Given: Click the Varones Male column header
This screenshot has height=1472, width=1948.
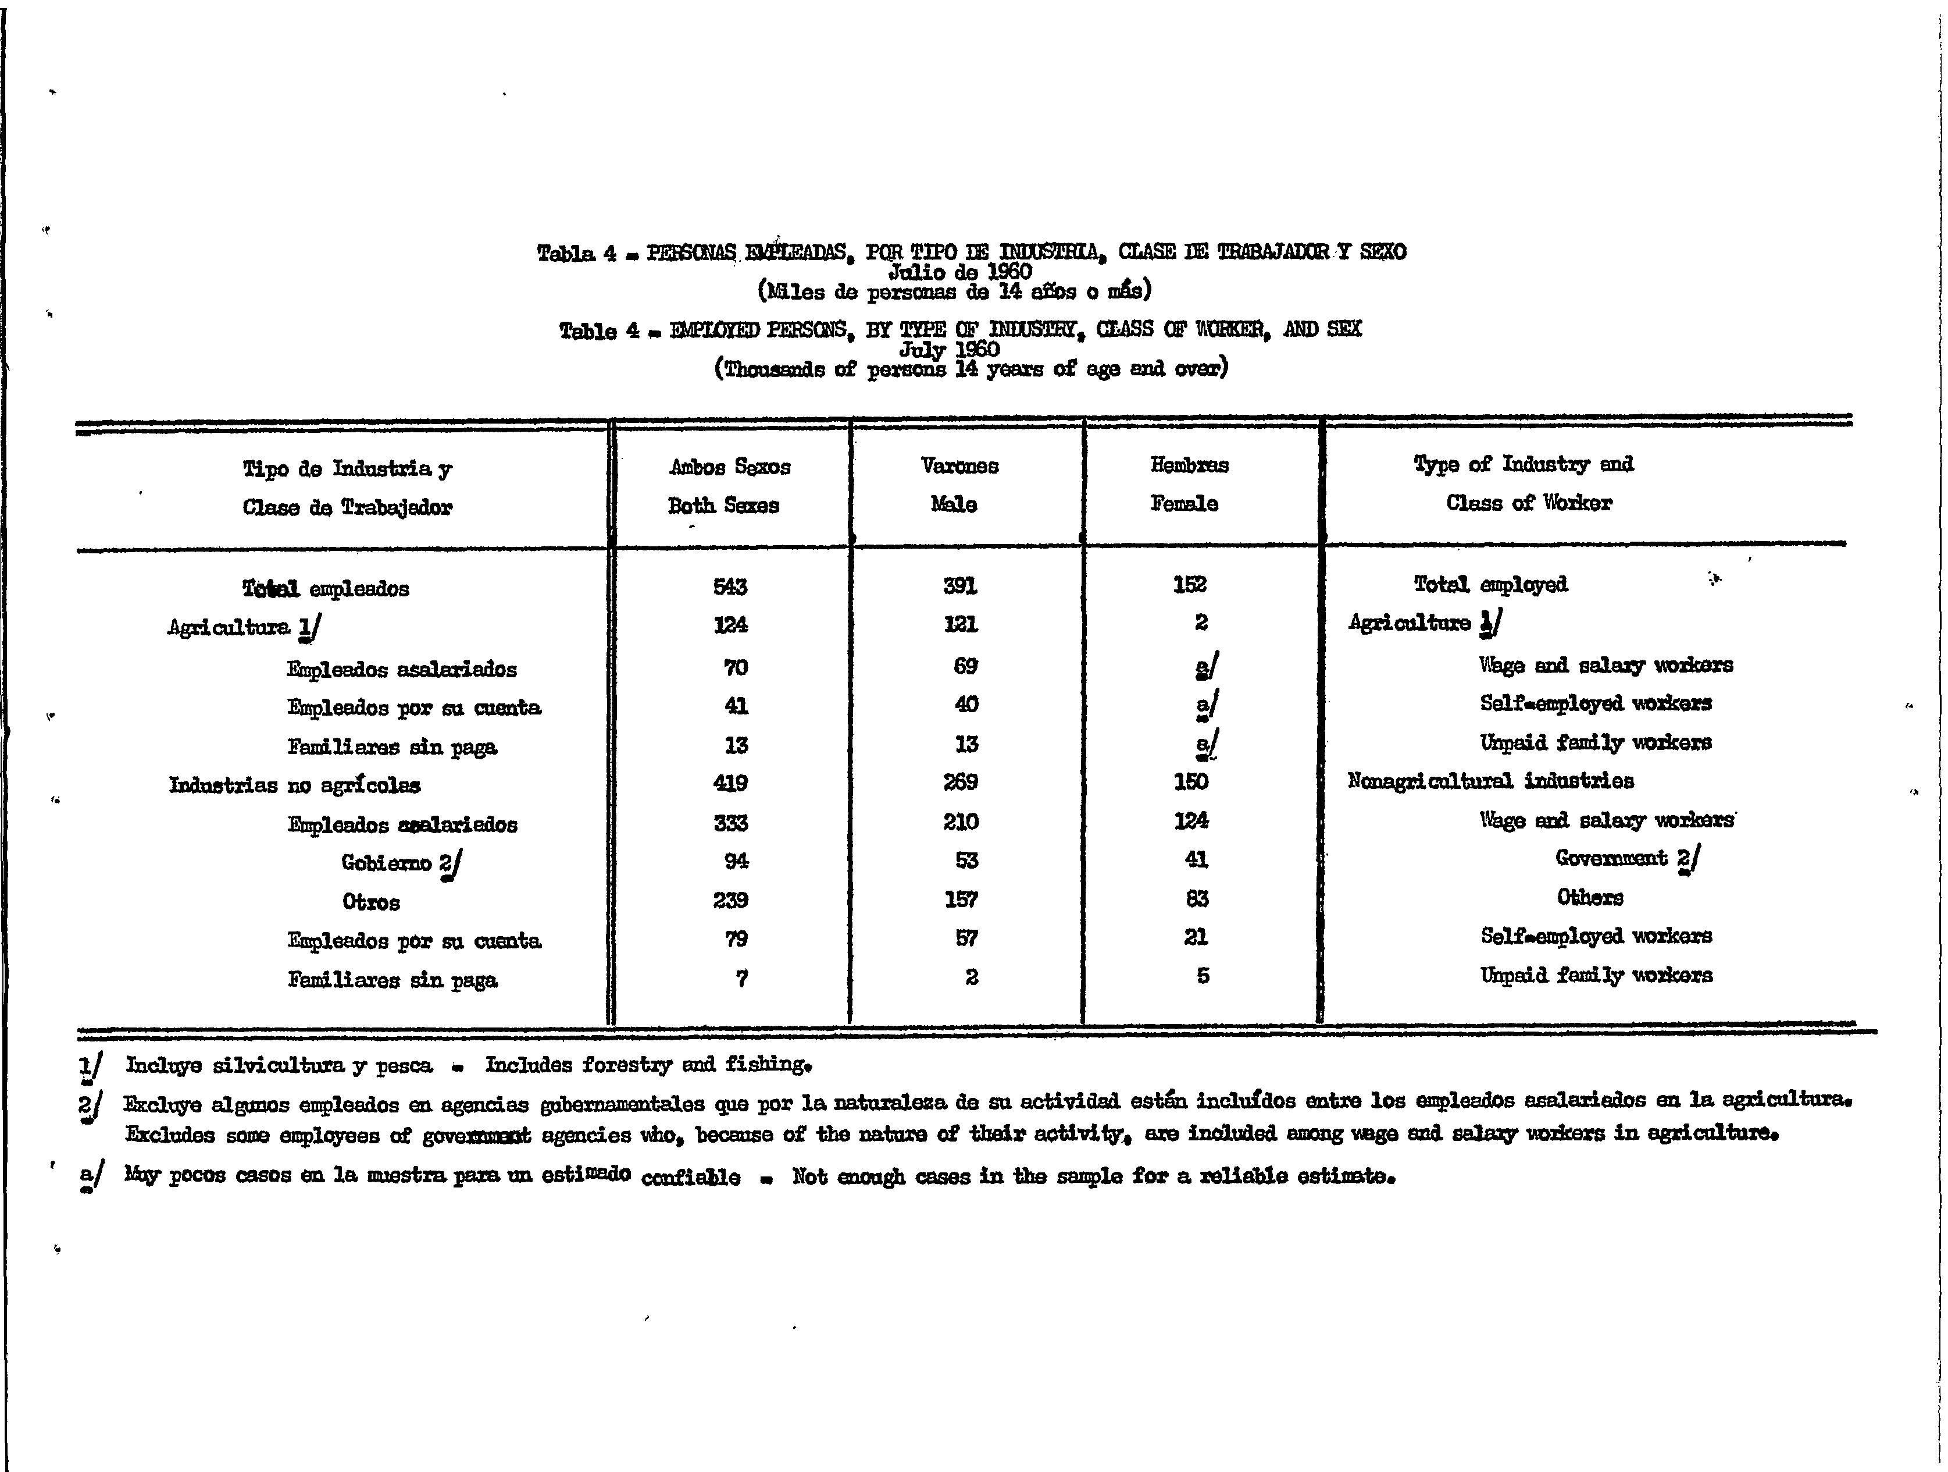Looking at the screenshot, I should click(958, 485).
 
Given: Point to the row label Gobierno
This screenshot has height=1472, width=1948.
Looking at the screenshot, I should click(387, 862).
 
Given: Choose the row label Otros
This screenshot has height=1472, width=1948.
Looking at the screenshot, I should click(371, 902).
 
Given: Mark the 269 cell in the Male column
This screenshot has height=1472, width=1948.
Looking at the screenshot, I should click(960, 782).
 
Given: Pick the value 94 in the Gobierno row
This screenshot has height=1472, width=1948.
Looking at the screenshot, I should click(736, 861).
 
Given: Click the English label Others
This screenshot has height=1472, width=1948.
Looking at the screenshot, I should click(1590, 898).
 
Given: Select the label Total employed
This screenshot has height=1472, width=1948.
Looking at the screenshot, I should click(1490, 584).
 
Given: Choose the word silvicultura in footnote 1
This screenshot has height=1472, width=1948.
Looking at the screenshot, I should click(279, 1066).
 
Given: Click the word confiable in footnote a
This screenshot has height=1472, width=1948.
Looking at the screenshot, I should click(690, 1178).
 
